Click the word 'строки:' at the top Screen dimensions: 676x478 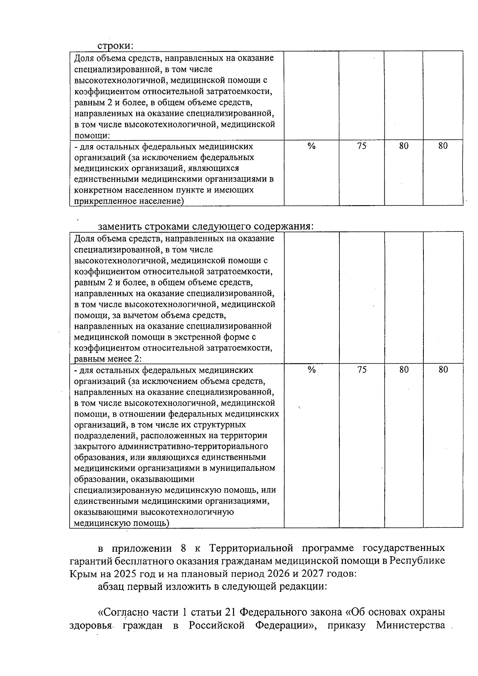coord(115,46)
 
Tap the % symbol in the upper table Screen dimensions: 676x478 coord(311,146)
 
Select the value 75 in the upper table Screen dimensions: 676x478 coord(361,146)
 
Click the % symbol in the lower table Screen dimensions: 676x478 coord(311,370)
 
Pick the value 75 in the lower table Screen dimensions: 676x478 coord(361,370)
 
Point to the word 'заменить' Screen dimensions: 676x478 coord(119,226)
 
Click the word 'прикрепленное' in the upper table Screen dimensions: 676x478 coord(101,201)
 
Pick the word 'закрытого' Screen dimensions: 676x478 coord(94,446)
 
